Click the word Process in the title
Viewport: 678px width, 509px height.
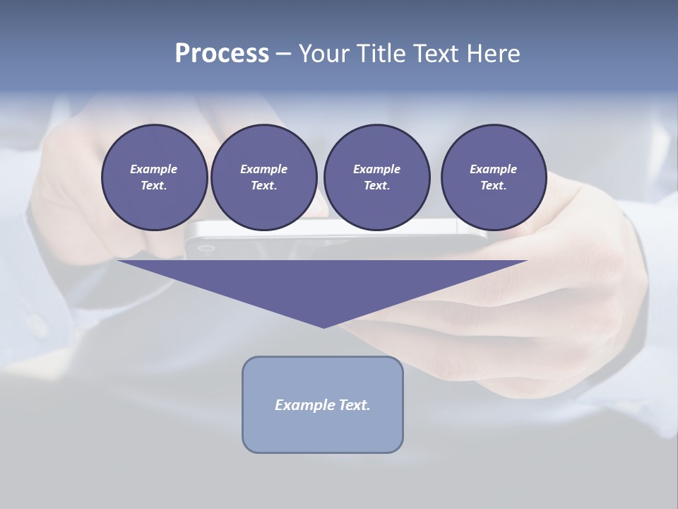[222, 54]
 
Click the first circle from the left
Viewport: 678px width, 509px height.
[154, 177]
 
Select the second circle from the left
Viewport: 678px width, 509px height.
[264, 177]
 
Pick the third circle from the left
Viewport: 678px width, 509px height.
[376, 177]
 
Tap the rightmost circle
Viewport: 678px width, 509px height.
[494, 177]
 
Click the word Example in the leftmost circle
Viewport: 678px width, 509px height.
[153, 169]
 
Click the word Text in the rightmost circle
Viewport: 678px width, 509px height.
[492, 186]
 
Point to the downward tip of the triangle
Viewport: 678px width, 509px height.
[323, 326]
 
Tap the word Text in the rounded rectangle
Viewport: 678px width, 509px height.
[354, 405]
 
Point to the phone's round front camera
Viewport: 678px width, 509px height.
[206, 248]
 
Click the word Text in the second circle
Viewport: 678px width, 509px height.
[263, 186]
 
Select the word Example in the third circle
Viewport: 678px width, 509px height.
[376, 169]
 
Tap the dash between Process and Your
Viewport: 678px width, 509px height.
[283, 54]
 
